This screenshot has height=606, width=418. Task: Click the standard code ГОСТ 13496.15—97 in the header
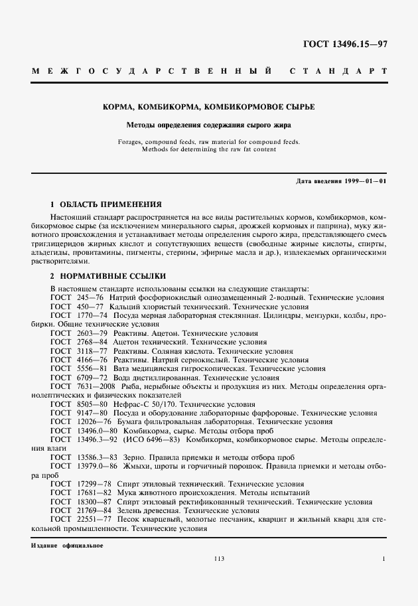345,45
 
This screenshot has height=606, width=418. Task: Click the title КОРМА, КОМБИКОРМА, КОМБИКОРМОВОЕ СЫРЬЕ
208,107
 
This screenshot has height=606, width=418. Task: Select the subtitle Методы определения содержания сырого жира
208,124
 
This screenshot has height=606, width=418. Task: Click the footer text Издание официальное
66,546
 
